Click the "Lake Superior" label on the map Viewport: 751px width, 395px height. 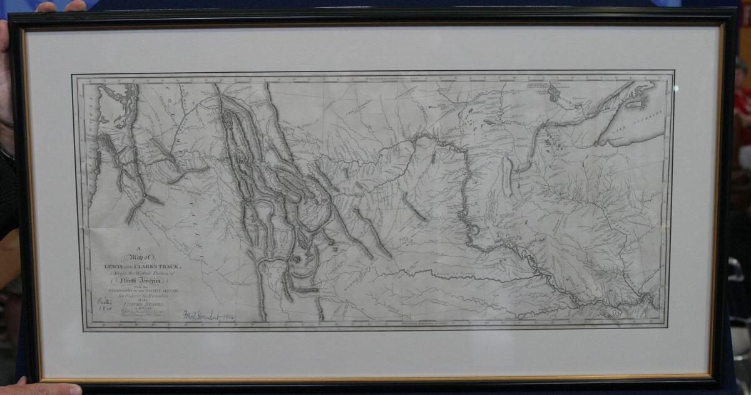[x=651, y=119]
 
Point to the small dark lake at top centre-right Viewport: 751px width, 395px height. [x=554, y=94]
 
